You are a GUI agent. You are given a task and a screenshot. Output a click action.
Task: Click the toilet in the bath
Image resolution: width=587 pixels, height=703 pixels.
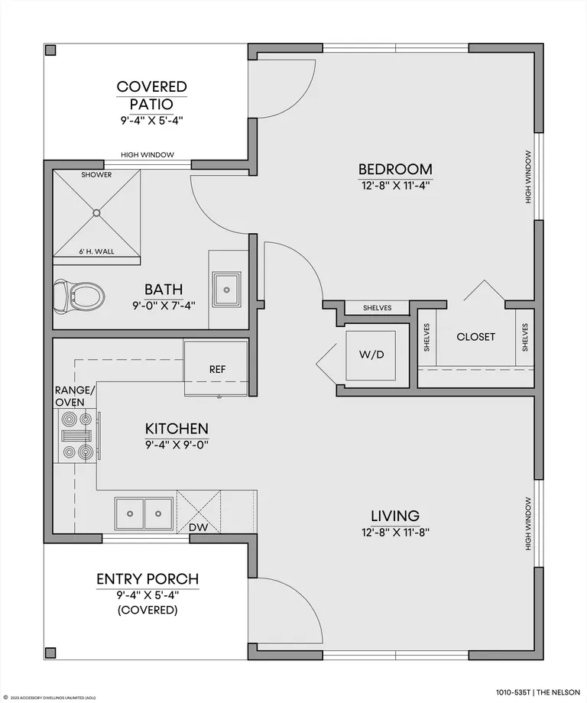point(79,296)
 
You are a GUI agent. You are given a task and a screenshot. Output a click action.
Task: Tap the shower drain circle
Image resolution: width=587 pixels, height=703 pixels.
point(96,213)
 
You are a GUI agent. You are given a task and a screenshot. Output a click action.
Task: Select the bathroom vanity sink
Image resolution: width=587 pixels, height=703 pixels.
point(226,290)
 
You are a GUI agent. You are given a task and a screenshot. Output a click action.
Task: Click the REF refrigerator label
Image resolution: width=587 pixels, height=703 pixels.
point(217,369)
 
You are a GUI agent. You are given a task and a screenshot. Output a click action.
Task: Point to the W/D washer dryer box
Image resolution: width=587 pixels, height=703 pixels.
point(371,355)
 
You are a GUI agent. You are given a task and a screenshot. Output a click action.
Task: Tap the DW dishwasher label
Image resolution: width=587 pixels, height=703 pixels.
point(198,527)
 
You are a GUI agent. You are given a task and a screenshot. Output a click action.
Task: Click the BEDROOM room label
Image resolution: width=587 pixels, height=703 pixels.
point(395,169)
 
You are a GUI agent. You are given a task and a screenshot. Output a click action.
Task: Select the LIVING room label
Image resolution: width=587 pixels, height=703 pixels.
point(395,516)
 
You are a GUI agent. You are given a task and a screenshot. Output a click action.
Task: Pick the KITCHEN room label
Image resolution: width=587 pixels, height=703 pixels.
point(177,429)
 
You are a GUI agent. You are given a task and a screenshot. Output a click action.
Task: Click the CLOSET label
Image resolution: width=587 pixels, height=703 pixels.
point(475,337)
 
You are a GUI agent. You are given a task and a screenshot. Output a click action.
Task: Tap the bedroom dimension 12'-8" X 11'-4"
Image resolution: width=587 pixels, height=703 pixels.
point(395,185)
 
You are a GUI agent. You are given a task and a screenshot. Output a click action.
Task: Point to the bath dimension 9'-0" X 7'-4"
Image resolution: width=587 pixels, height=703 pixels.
point(164,306)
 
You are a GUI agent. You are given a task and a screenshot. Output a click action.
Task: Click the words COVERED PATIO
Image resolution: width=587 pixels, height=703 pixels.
point(151,95)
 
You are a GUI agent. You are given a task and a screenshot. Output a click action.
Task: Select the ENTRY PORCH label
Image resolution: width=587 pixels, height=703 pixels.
point(148,578)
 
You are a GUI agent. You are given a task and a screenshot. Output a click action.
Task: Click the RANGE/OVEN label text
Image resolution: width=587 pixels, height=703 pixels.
point(75,396)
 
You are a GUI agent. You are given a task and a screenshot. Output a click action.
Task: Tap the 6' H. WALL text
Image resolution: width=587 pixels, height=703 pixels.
point(97,251)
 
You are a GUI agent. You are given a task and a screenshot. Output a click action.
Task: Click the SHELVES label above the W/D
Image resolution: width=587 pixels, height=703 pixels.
point(377,308)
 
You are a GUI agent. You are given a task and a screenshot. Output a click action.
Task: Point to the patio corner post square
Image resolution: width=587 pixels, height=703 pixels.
point(50,50)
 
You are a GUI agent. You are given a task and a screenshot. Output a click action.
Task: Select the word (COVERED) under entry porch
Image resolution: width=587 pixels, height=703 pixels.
point(148,611)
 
